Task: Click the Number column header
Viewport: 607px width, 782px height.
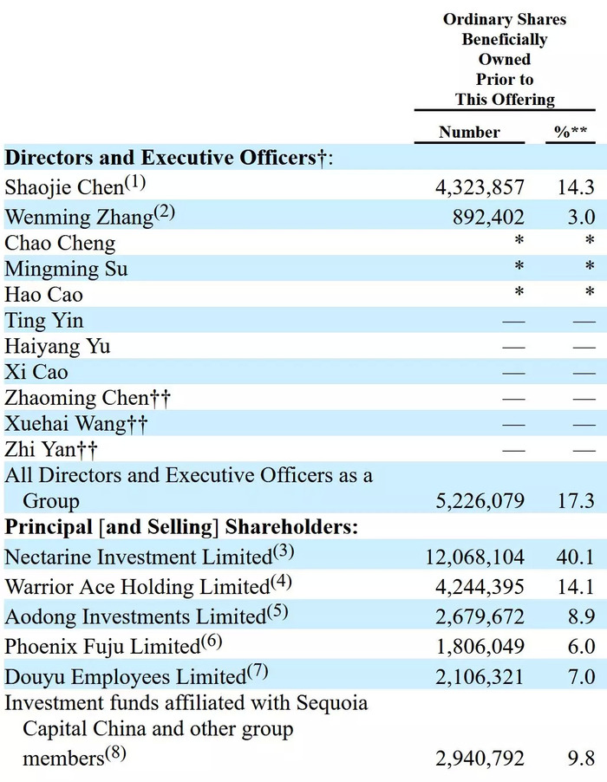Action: tap(469, 132)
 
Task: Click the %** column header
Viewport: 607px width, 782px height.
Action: tap(571, 132)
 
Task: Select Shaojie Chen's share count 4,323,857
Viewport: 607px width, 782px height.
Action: tap(480, 187)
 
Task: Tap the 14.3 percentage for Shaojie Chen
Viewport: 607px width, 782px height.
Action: tap(576, 187)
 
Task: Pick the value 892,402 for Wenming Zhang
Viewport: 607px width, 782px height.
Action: tap(488, 218)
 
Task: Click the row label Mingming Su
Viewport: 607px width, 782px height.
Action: tap(66, 269)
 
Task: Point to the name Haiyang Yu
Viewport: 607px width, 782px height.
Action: tap(57, 347)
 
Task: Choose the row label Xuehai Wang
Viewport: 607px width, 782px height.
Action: tap(75, 424)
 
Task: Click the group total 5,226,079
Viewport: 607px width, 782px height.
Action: tap(480, 501)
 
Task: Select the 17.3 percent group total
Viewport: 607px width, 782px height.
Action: tap(576, 501)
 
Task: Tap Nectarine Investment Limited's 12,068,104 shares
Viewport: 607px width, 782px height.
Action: tap(475, 557)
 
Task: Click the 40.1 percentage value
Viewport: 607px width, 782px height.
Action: tap(576, 557)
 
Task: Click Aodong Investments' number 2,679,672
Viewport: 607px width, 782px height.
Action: tap(480, 617)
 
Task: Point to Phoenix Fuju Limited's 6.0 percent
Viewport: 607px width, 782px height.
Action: tap(582, 647)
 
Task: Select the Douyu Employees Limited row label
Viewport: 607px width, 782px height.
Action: tap(136, 675)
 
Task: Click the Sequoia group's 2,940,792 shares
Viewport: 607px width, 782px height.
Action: tap(480, 759)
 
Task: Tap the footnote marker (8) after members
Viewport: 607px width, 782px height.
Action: tap(115, 753)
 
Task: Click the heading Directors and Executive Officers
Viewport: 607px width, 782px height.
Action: tap(168, 158)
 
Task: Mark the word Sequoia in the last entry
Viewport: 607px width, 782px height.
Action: tap(331, 703)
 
